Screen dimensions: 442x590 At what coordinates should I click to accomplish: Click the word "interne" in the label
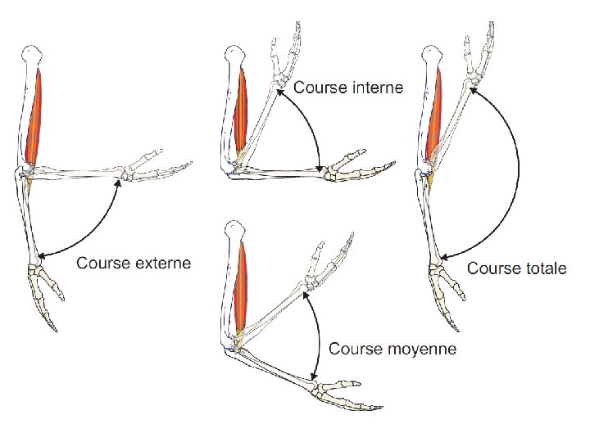376,87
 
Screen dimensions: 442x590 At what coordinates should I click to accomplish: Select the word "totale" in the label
541,268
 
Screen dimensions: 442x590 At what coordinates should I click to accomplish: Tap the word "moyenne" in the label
420,349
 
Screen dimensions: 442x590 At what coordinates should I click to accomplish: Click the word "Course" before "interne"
319,87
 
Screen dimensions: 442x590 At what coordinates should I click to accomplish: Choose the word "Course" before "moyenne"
356,349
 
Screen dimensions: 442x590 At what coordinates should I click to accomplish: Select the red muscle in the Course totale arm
435,115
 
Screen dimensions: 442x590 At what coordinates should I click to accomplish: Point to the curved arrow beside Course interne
314,123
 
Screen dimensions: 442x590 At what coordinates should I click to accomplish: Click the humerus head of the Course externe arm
30,56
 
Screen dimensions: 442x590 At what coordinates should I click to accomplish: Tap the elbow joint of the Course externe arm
25,174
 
